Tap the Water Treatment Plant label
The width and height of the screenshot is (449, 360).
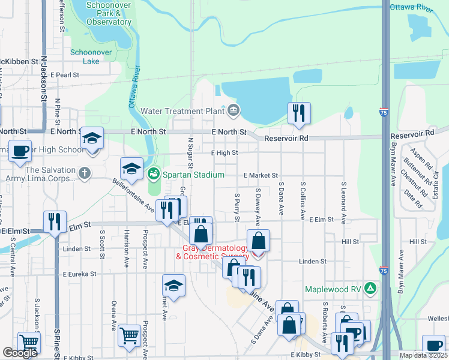coord(182,111)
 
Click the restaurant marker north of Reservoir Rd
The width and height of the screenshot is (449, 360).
coord(298,113)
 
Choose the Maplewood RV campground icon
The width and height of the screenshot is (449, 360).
coord(371,289)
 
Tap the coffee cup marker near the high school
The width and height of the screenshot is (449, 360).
coord(20,151)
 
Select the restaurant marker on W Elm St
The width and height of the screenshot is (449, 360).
coord(54,221)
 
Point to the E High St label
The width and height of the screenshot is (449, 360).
coord(224,153)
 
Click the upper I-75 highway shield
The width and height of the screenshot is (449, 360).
coord(383,112)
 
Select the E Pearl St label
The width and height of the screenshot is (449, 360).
coord(65,75)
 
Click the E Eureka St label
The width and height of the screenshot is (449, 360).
coord(74,274)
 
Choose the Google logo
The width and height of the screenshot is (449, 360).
coord(20,353)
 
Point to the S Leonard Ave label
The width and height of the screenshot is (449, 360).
coord(343,204)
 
